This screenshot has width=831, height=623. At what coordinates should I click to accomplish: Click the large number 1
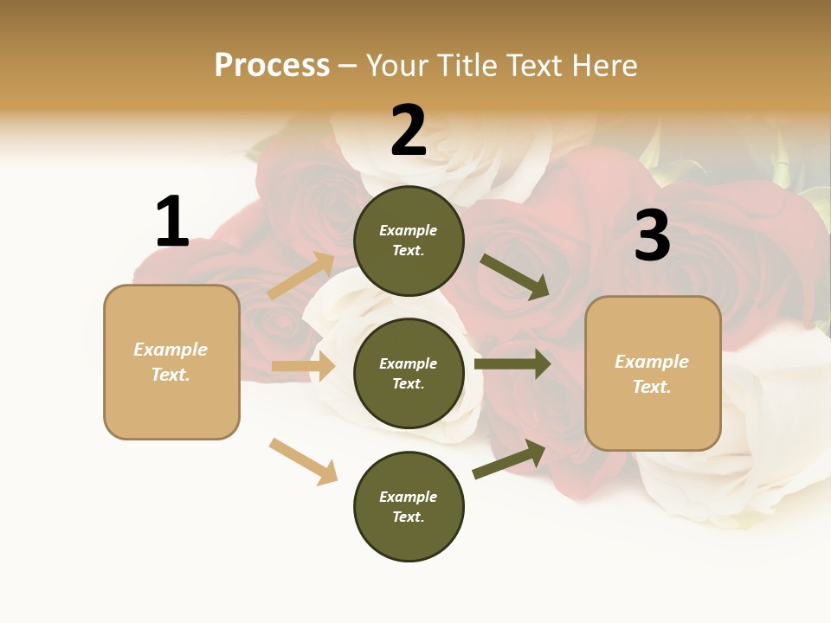[172, 222]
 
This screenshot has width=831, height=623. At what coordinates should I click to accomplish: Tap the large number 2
[409, 130]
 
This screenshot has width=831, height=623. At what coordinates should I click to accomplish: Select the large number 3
[652, 235]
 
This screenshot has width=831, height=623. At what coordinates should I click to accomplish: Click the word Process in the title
[272, 65]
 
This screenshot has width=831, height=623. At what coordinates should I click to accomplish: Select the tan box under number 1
[171, 362]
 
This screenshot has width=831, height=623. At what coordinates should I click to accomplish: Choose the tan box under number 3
[653, 373]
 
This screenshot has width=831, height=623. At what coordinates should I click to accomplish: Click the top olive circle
[409, 240]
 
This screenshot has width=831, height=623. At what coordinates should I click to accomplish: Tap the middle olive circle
[409, 373]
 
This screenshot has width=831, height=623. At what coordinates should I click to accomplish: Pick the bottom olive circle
[409, 506]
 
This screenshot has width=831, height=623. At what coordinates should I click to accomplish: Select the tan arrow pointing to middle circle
[304, 366]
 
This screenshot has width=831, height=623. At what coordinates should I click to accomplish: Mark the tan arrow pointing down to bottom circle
[304, 461]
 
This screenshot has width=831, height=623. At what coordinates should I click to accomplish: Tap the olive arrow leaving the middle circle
[512, 364]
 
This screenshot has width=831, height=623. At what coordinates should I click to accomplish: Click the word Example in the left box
[171, 350]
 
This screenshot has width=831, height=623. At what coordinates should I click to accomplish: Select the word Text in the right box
[651, 387]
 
